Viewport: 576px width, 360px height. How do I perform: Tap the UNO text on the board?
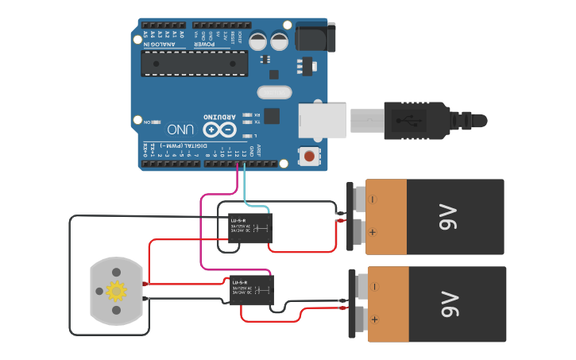(x=180, y=129)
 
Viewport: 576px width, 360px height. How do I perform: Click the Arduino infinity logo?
(x=219, y=129)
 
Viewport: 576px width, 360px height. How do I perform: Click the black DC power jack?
(x=315, y=39)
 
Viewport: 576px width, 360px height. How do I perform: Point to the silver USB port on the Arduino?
(x=324, y=120)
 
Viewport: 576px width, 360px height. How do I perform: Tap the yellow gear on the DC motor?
(x=117, y=291)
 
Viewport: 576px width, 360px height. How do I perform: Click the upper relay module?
(x=249, y=228)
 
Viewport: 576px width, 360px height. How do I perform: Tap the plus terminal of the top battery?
(x=371, y=233)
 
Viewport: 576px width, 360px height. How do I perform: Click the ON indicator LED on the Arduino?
(x=156, y=121)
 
